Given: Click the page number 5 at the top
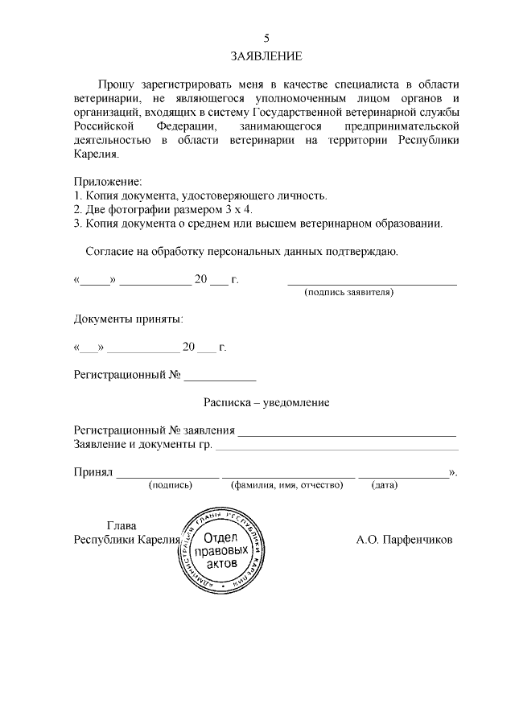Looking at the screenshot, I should coord(266,38).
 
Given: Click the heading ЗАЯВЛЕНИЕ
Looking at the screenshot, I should coord(266,56).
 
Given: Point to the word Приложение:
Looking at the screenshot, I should coord(107,181).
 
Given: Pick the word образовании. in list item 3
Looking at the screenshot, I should coord(410,223).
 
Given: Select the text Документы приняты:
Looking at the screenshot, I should coord(128,319).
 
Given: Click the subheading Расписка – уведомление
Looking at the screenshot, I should coord(266,401).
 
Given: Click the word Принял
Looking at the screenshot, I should coord(93,471).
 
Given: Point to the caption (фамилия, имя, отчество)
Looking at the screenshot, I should coord(287,485).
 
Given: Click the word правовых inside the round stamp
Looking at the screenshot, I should coord(222,551).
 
